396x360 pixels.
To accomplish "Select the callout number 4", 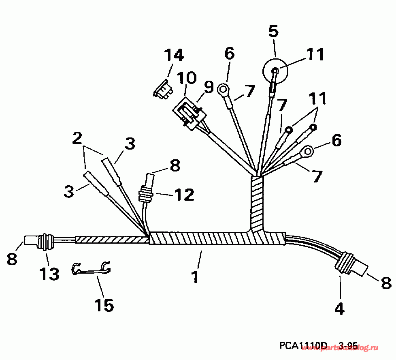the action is [x=339, y=309].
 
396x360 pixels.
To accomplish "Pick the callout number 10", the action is [x=186, y=77].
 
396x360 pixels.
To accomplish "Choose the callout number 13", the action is [x=49, y=274].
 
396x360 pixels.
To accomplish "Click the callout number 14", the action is [x=174, y=56].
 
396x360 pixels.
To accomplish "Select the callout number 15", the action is [x=104, y=305].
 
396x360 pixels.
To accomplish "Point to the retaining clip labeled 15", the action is [x=92, y=268].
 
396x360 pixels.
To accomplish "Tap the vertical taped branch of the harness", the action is [x=257, y=203].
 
